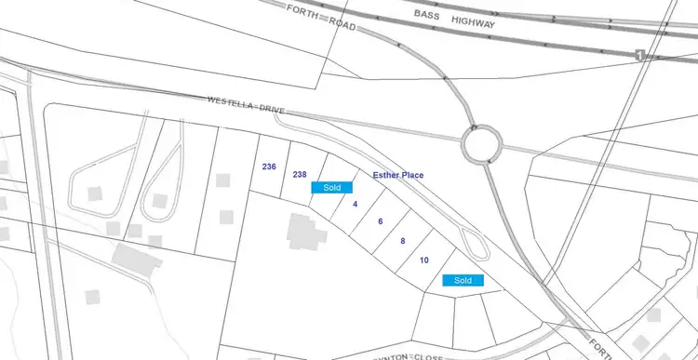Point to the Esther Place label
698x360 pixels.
[x=399, y=175]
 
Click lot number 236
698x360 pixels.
[x=270, y=167]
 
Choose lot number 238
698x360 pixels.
[x=300, y=174]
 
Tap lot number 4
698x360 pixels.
[x=356, y=204]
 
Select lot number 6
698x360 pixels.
[x=381, y=221]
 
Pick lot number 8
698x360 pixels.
[x=402, y=241]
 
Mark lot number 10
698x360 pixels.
[x=424, y=260]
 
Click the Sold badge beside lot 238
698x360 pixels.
[x=331, y=187]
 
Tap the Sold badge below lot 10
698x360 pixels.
[x=463, y=280]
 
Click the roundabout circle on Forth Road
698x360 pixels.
[x=481, y=145]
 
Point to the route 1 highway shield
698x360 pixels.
[x=640, y=55]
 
